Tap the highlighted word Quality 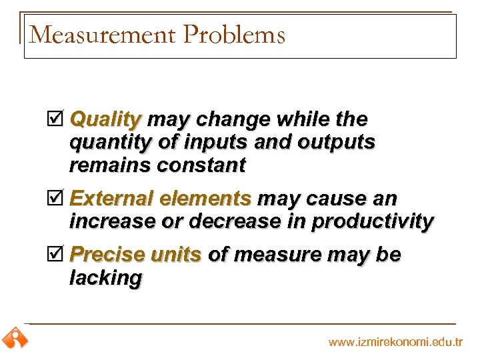coord(105,120)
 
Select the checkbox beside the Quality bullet coord(58,120)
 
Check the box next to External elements coord(58,199)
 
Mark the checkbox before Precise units coord(58,255)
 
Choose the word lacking coord(105,278)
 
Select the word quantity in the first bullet coord(109,143)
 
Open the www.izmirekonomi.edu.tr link coord(395,342)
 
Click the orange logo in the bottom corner coord(14,339)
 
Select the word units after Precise coord(176,255)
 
